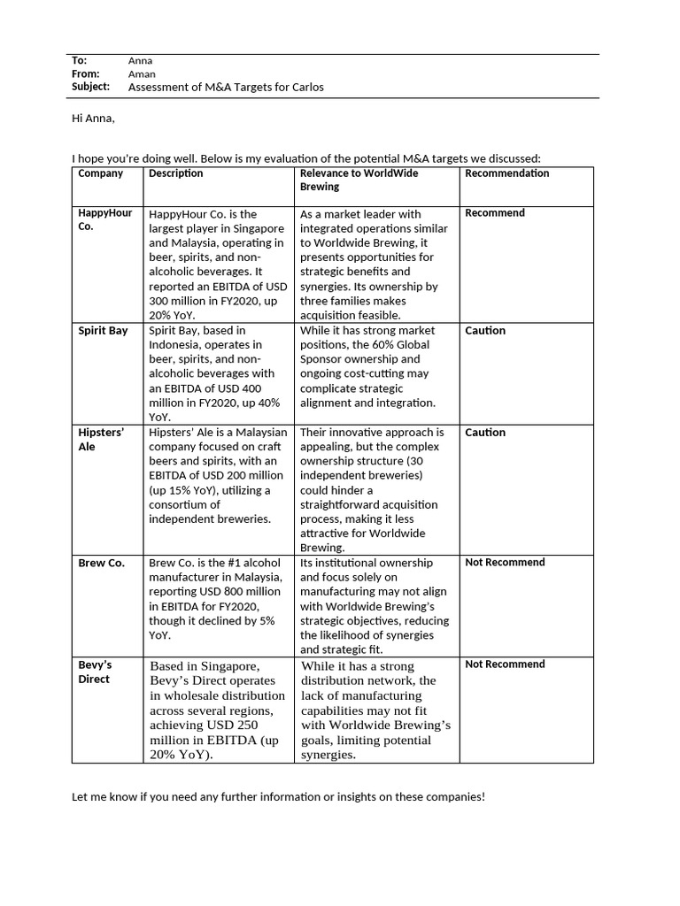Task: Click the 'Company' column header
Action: tap(101, 173)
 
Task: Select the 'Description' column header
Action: tap(175, 173)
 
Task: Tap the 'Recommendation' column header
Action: tap(507, 173)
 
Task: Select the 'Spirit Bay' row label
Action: tap(103, 331)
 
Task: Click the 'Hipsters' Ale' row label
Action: tap(101, 440)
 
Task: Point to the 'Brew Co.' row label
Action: tap(101, 563)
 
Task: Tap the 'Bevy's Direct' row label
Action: tap(97, 672)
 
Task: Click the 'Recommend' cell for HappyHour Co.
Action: tap(495, 213)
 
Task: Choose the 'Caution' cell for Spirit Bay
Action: tap(485, 331)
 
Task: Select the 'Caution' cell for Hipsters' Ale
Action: tap(485, 433)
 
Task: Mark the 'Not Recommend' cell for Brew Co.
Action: tap(505, 563)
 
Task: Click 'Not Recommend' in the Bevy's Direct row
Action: tap(505, 664)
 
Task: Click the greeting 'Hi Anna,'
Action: tap(93, 118)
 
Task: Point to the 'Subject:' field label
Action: tap(90, 87)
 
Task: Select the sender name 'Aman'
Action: tap(141, 74)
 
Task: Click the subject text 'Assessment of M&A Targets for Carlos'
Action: tap(226, 88)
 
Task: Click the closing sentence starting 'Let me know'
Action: tap(278, 797)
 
